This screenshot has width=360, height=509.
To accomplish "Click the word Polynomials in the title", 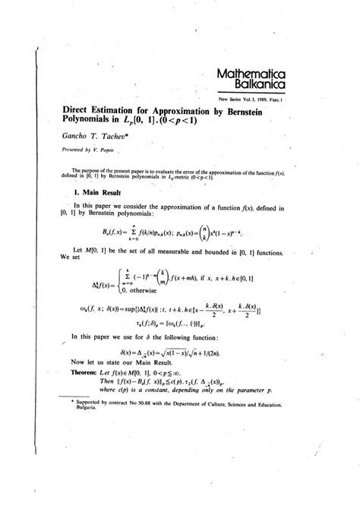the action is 94,120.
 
